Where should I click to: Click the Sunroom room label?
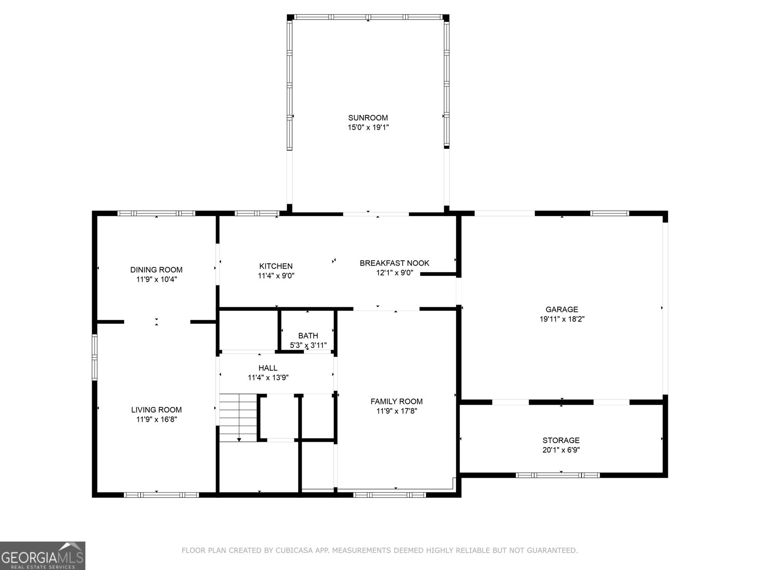(x=368, y=118)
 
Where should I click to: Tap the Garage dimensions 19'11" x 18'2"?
(x=561, y=319)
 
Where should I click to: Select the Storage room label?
(x=561, y=440)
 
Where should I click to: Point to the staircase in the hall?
(x=237, y=417)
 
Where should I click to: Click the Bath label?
(x=308, y=336)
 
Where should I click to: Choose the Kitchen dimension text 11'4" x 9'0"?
(x=276, y=275)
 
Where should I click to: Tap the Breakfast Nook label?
(x=394, y=263)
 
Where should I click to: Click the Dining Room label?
(x=156, y=270)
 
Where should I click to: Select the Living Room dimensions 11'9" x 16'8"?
(x=156, y=419)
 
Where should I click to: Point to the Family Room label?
(x=396, y=401)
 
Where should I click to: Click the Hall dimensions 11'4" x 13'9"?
(x=268, y=378)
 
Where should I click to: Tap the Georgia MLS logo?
(x=42, y=555)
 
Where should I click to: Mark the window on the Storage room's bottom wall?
(x=558, y=475)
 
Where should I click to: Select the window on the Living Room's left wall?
(x=95, y=357)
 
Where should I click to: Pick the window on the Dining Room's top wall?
(x=156, y=213)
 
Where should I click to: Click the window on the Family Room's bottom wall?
(x=389, y=494)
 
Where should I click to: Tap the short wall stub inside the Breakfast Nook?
(x=438, y=274)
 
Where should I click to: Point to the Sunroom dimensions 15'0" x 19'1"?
(x=368, y=127)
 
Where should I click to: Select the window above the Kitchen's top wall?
(x=256, y=213)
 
